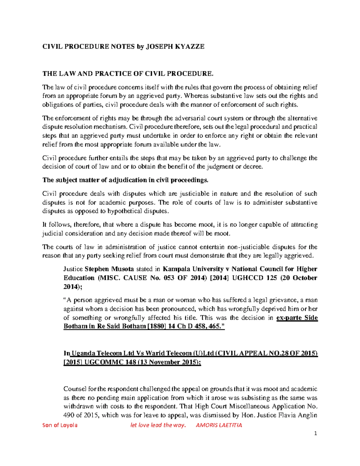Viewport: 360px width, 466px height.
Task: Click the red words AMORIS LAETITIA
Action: pyautogui.click(x=219, y=425)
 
